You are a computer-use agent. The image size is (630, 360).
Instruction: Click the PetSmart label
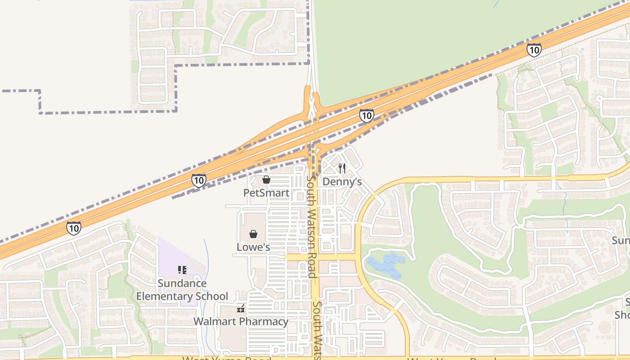coord(266,193)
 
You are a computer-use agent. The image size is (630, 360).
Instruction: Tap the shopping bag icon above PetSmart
coord(266,180)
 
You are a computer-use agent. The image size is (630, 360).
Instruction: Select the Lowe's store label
coord(253,247)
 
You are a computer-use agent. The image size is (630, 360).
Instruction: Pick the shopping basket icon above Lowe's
coord(253,234)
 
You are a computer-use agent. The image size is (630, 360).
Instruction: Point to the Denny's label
coord(342,182)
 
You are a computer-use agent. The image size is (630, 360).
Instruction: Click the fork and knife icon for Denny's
coord(342,168)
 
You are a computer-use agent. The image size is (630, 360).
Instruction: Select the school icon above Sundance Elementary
coord(182,270)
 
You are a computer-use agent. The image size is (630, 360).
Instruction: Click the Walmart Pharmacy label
coord(241,321)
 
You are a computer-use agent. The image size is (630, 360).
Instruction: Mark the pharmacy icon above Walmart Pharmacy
coord(241,308)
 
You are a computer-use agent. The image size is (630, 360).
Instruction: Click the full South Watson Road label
coord(310,226)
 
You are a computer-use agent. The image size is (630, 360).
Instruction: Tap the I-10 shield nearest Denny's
coord(366,116)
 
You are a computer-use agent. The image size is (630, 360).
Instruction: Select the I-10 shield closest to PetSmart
coord(198,180)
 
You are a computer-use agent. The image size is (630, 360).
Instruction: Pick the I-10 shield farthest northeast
coord(534,49)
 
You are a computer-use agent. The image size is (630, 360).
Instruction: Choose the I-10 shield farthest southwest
coord(74,228)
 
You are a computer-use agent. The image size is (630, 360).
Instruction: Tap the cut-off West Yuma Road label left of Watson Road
coord(227,358)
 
